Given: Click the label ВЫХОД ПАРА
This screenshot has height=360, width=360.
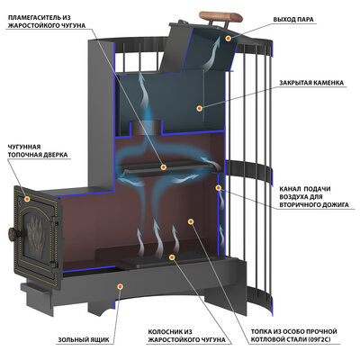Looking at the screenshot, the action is pos(293,20).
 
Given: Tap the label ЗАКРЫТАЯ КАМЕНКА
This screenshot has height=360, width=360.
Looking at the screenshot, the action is pos(311,83).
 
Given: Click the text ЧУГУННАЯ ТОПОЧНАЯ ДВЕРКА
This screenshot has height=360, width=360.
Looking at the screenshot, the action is pos(38,151).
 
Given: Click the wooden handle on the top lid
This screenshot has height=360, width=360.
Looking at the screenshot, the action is pos(221,16).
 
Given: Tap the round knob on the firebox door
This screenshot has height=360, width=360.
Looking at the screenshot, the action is pos(13,234).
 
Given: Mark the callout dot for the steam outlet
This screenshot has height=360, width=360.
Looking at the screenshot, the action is pos(229,39).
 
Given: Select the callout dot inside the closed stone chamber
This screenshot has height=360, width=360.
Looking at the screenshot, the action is pos(199,108).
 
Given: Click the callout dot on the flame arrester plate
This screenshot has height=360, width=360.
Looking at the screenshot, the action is pos(164,167).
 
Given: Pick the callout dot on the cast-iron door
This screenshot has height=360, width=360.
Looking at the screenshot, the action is pos(27,199).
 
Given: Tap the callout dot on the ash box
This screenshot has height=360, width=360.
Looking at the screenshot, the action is pos(121,286).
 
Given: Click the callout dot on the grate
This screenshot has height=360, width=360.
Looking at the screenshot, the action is pos(172,257).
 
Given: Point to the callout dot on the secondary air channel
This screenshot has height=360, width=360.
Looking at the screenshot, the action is pos(219,188).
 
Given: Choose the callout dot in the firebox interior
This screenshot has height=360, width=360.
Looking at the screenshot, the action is pos(191,221).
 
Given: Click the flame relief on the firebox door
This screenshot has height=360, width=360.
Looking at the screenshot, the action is pos(35,234).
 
